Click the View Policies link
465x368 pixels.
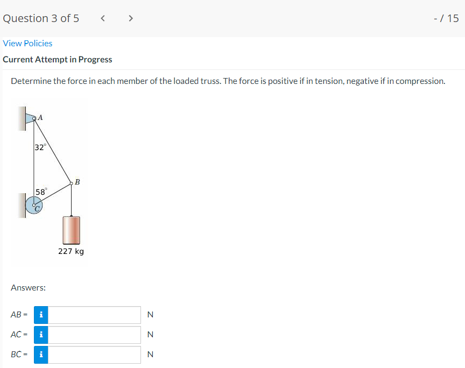point(27,43)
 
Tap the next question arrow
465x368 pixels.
point(130,18)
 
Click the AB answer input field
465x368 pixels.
point(94,315)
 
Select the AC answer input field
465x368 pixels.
point(94,335)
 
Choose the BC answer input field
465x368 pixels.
point(94,355)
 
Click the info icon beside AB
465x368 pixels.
point(41,315)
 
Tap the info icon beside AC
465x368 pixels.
point(41,335)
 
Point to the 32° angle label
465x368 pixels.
point(40,147)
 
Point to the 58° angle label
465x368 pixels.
point(41,192)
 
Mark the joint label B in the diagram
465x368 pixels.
point(77,182)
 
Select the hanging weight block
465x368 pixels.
point(71,230)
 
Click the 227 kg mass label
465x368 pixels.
point(71,251)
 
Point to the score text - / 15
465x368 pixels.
point(446,18)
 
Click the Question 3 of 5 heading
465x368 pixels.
point(41,18)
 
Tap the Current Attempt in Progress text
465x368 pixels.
point(58,60)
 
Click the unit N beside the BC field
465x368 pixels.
point(150,355)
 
